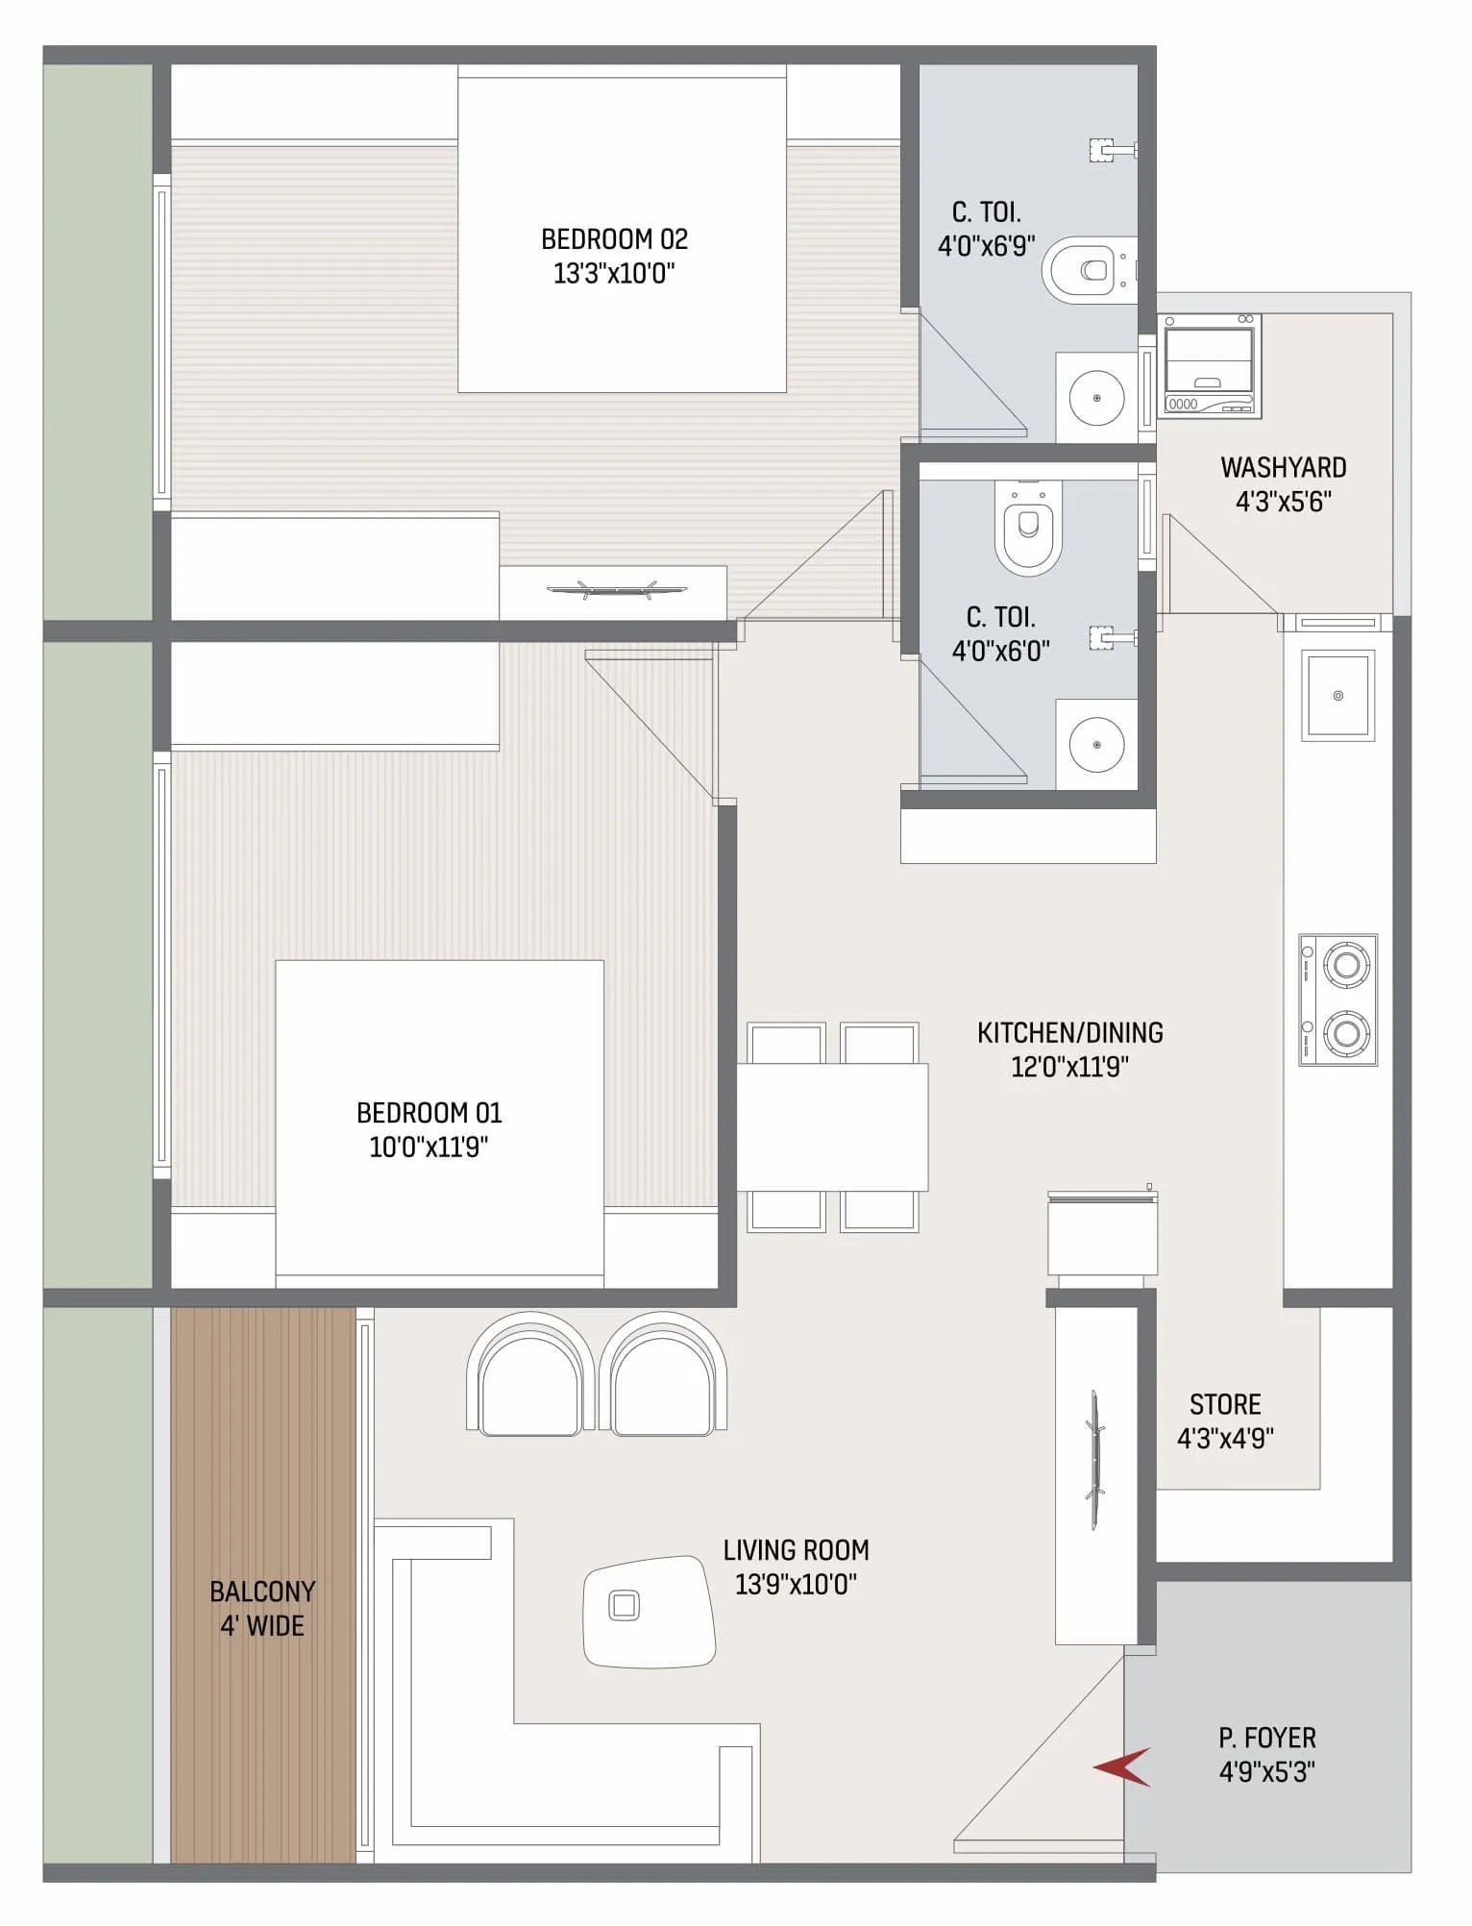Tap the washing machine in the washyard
(1209, 366)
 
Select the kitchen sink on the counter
(1337, 696)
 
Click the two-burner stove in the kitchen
(1338, 1000)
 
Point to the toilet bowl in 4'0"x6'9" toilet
(1084, 270)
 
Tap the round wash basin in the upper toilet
(1096, 397)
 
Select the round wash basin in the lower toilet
(1096, 745)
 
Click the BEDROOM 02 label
(614, 239)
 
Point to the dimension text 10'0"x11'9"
(429, 1148)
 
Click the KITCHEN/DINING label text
(1069, 1033)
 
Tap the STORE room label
(1225, 1405)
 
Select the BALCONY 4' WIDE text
(262, 1608)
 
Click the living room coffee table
(650, 1612)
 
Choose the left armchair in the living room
(529, 1376)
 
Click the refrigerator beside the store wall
(1102, 1235)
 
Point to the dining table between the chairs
(832, 1126)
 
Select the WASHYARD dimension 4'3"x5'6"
(1283, 502)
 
